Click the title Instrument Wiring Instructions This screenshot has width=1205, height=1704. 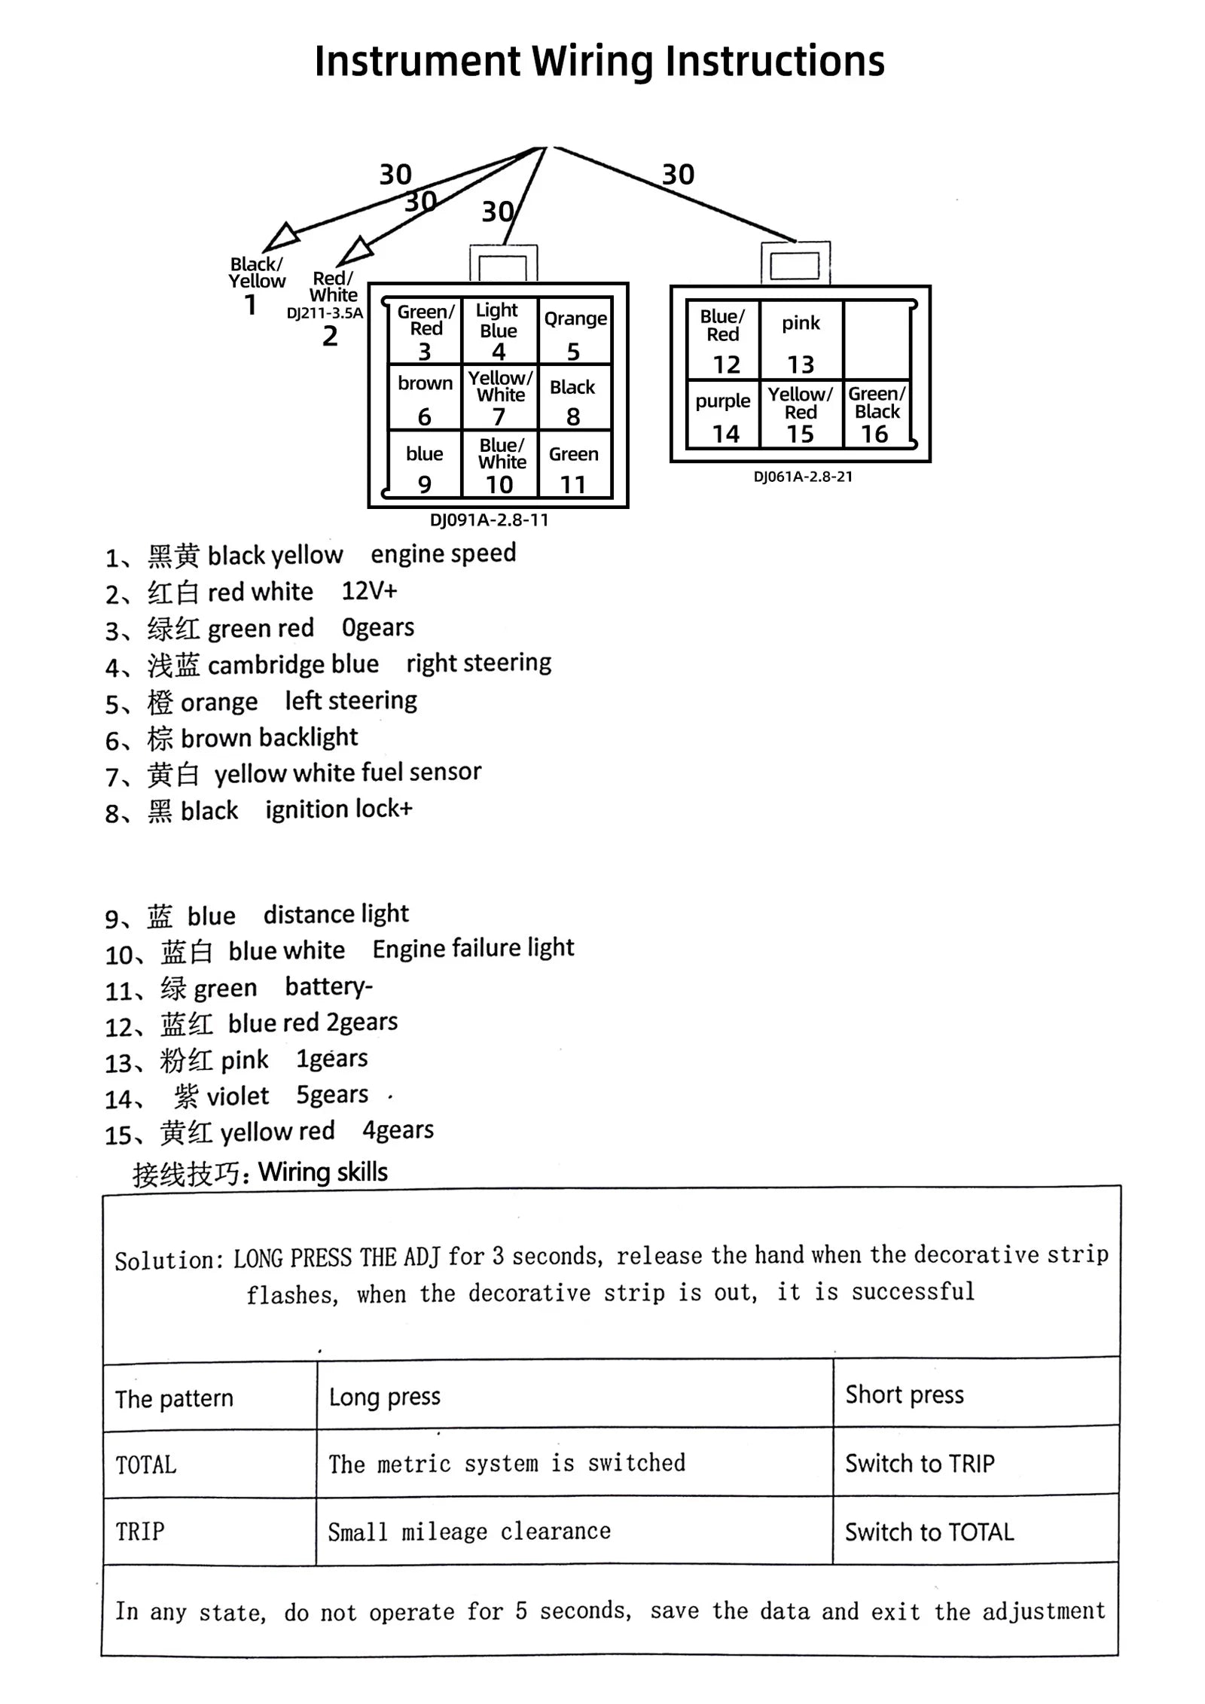click(x=599, y=62)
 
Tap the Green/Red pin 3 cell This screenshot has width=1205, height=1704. click(x=425, y=331)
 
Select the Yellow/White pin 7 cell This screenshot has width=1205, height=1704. click(x=499, y=397)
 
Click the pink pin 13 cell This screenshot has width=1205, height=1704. click(x=801, y=340)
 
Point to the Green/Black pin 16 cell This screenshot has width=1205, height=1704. click(x=876, y=414)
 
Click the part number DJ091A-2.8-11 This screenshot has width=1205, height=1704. click(x=489, y=520)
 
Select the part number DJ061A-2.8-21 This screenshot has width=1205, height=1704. click(x=803, y=477)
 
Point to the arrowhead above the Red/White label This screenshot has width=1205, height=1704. click(x=357, y=250)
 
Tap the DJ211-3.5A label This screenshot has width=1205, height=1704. click(x=325, y=313)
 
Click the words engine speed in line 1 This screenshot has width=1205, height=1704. click(x=443, y=553)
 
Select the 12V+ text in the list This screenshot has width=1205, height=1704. click(x=369, y=591)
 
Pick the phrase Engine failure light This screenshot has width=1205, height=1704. click(x=473, y=948)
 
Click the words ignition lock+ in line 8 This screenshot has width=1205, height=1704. click(x=339, y=809)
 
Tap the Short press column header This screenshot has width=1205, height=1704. click(x=905, y=1395)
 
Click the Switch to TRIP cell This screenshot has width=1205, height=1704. click(x=920, y=1463)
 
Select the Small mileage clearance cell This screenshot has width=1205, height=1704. click(x=469, y=1532)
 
